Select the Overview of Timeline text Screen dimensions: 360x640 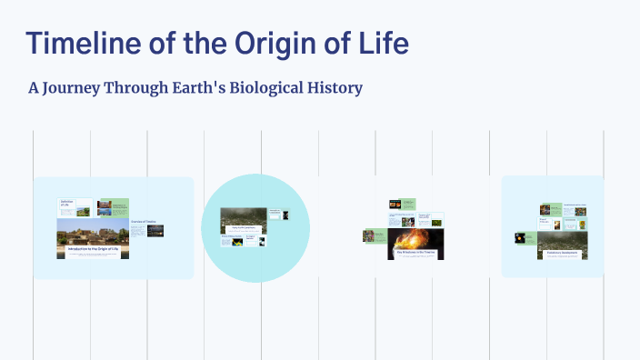click(x=143, y=222)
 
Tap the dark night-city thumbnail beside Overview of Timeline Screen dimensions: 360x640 click(x=155, y=231)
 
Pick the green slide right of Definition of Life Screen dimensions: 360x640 click(x=113, y=207)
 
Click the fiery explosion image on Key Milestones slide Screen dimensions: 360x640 click(x=415, y=240)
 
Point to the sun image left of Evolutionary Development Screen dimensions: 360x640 click(x=520, y=237)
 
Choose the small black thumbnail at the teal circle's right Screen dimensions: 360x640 click(x=285, y=215)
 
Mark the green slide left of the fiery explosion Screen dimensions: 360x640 click(x=373, y=235)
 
